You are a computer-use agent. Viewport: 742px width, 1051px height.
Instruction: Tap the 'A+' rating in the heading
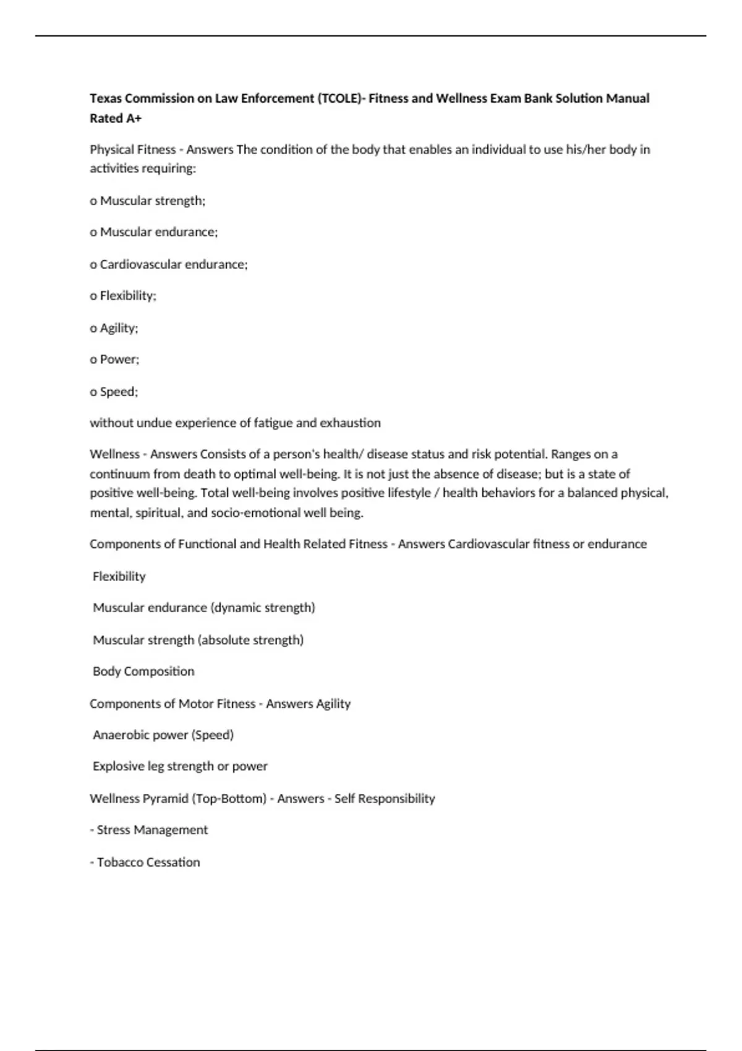134,118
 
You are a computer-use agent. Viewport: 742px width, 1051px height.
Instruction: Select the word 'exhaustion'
350,423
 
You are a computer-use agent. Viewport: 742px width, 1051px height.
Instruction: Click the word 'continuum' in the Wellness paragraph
116,474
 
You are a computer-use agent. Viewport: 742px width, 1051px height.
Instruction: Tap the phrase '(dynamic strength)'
263,607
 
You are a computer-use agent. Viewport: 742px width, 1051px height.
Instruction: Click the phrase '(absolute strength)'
250,640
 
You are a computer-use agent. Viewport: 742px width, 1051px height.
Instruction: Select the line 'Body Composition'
143,671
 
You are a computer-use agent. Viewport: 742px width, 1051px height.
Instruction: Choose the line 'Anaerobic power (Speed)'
163,734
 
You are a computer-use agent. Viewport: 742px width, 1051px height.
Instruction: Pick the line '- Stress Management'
149,830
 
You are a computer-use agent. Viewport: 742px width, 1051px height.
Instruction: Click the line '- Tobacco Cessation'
145,862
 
